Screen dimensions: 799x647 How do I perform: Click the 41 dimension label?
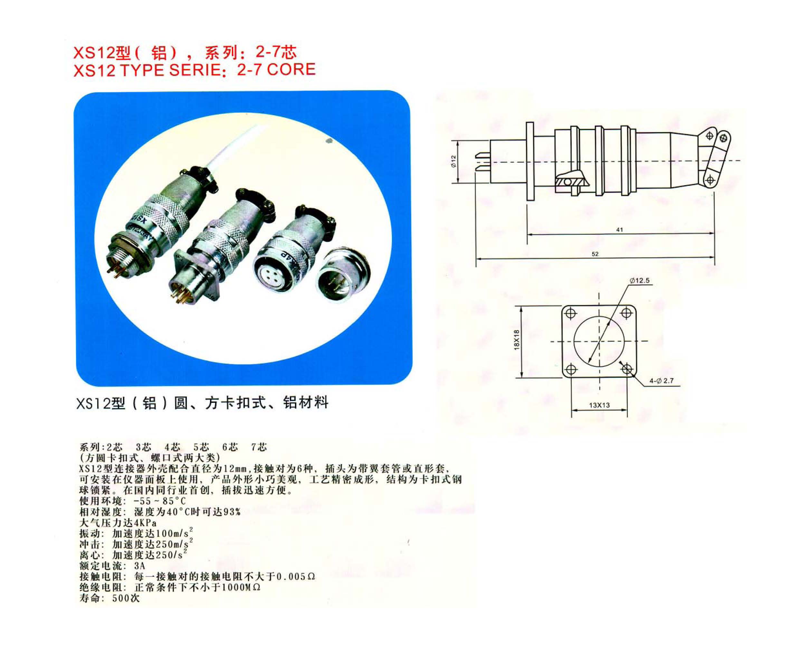pyautogui.click(x=619, y=230)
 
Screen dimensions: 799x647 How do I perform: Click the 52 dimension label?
pyautogui.click(x=595, y=254)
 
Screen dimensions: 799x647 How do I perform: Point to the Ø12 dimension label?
pyautogui.click(x=453, y=161)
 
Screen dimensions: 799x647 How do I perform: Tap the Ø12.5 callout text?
pyautogui.click(x=640, y=281)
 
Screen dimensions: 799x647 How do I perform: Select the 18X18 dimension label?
pyautogui.click(x=517, y=340)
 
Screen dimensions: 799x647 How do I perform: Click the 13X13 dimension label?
pyautogui.click(x=599, y=405)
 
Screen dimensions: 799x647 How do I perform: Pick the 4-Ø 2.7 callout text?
pyautogui.click(x=661, y=381)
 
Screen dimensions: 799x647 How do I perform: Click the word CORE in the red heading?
pyautogui.click(x=291, y=69)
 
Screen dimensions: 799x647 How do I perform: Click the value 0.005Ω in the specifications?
pyautogui.click(x=296, y=576)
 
